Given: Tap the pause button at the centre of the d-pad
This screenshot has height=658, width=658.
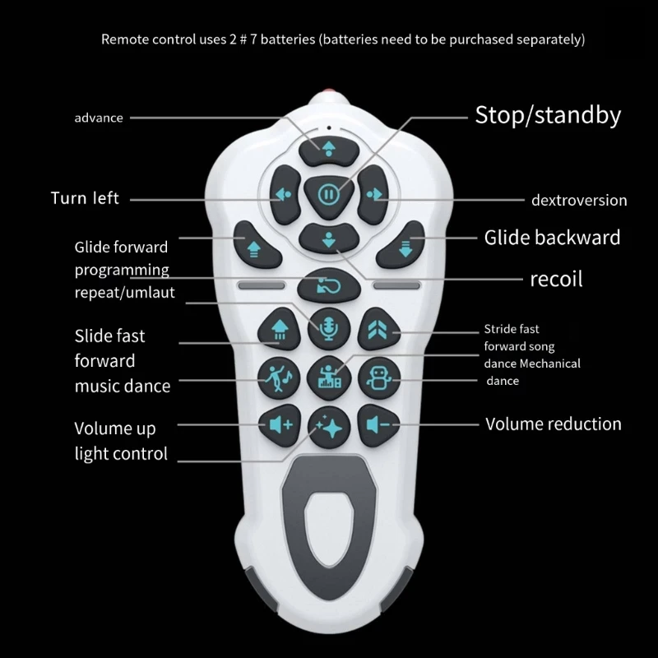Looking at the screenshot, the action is tap(328, 195).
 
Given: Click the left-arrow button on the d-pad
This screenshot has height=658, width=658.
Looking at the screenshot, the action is tap(285, 194).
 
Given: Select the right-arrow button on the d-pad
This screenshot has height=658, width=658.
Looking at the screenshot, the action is tap(373, 194).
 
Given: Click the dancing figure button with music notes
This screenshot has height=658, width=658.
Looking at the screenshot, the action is tap(279, 378).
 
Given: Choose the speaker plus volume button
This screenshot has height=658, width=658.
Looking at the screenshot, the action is tap(280, 425).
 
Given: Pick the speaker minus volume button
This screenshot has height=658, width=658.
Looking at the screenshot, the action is tap(378, 425).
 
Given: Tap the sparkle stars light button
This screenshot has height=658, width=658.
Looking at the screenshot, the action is tap(329, 428).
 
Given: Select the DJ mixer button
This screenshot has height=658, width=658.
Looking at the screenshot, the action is tap(329, 378).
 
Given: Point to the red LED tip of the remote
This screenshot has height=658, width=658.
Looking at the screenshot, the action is tap(329, 91).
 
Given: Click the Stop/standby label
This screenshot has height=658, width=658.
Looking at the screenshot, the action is tap(548, 115).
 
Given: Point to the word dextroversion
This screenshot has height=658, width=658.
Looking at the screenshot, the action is tap(579, 200).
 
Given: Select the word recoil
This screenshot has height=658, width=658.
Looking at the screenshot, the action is tap(556, 279).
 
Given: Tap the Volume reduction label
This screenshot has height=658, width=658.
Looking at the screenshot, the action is tap(553, 424).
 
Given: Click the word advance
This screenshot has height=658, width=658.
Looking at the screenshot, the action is tap(99, 118).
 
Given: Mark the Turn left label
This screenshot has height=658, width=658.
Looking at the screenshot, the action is tap(85, 198).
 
